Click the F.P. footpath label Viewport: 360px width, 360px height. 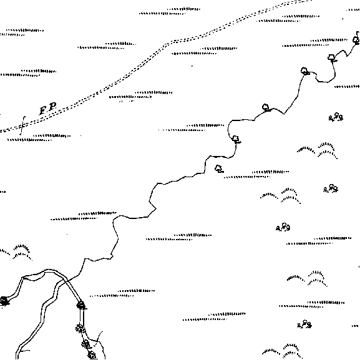pyautogui.click(x=48, y=109)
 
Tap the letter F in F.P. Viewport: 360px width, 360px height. pyautogui.click(x=43, y=110)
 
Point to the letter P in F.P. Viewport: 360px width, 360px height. pyautogui.click(x=53, y=107)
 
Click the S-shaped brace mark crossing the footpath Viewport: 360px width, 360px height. pyautogui.click(x=22, y=125)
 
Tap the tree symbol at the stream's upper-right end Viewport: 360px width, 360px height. pyautogui.click(x=356, y=40)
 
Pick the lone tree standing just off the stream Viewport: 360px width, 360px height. pyautogui.click(x=219, y=168)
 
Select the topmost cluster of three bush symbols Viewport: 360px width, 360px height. pyautogui.click(x=336, y=117)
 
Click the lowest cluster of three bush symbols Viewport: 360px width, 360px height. pyautogui.click(x=304, y=324)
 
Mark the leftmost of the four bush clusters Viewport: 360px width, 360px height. pyautogui.click(x=283, y=227)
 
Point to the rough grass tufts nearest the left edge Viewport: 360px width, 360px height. pyautogui.click(x=16, y=252)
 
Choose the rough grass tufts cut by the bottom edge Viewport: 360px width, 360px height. pyautogui.click(x=283, y=352)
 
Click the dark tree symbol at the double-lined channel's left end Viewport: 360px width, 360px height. pyautogui.click(x=4, y=301)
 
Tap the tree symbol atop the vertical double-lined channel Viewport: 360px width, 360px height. pyautogui.click(x=81, y=305)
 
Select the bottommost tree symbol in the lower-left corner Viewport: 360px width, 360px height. pyautogui.click(x=92, y=355)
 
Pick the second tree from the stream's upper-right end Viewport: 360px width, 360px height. pyautogui.click(x=331, y=58)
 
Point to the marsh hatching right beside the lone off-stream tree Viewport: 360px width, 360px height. pyautogui.click(x=256, y=174)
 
